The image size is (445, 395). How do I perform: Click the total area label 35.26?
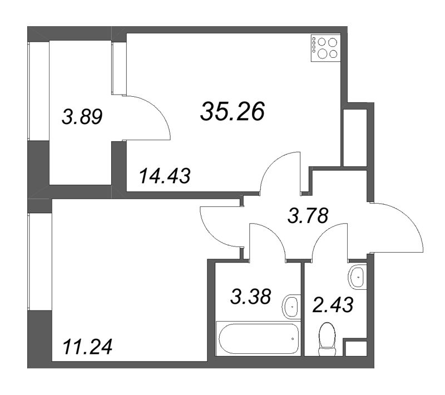coord(233,111)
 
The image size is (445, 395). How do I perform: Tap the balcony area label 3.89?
coord(82,117)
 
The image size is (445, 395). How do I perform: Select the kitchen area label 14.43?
coord(165,176)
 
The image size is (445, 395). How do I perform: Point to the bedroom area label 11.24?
coord(88,347)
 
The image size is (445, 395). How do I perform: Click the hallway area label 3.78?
coord(308,215)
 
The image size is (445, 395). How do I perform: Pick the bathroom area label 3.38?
coord(251,297)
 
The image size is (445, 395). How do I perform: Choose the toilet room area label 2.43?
coord(333,304)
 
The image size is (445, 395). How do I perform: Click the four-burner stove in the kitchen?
coord(325,48)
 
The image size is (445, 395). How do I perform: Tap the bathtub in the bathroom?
coord(259,338)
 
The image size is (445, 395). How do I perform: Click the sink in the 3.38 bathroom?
coord(290,307)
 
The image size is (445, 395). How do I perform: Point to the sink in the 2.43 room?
coord(357,277)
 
